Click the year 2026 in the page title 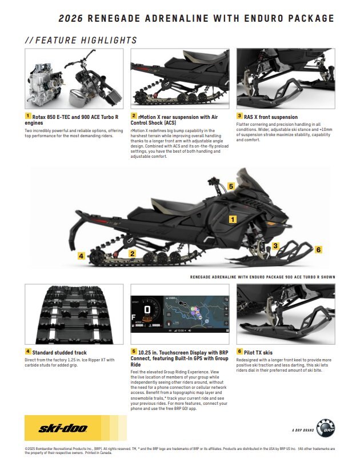[x=71, y=19]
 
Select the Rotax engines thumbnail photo [x=74, y=78]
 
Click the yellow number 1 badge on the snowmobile [x=233, y=218]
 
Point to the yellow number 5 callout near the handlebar [x=231, y=186]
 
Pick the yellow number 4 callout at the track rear [x=82, y=256]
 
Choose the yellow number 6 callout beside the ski [x=319, y=250]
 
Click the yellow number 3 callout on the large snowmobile [x=275, y=246]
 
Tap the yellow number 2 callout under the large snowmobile [x=132, y=253]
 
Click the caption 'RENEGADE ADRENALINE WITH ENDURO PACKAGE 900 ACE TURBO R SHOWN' [x=262, y=277]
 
